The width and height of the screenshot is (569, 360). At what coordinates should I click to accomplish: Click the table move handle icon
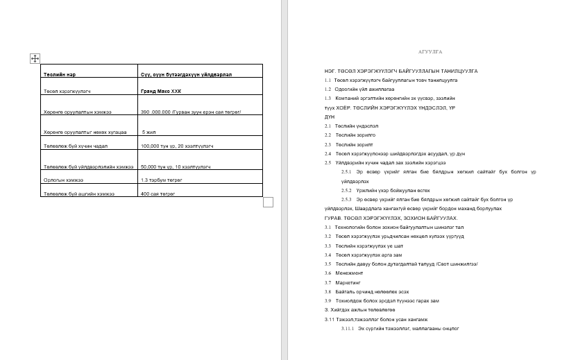click(35, 59)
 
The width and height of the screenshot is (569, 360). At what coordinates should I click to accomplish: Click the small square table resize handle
click(269, 202)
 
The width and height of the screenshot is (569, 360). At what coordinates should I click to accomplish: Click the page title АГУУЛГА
click(430, 52)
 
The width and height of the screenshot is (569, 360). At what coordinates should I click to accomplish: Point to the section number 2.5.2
click(347, 190)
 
